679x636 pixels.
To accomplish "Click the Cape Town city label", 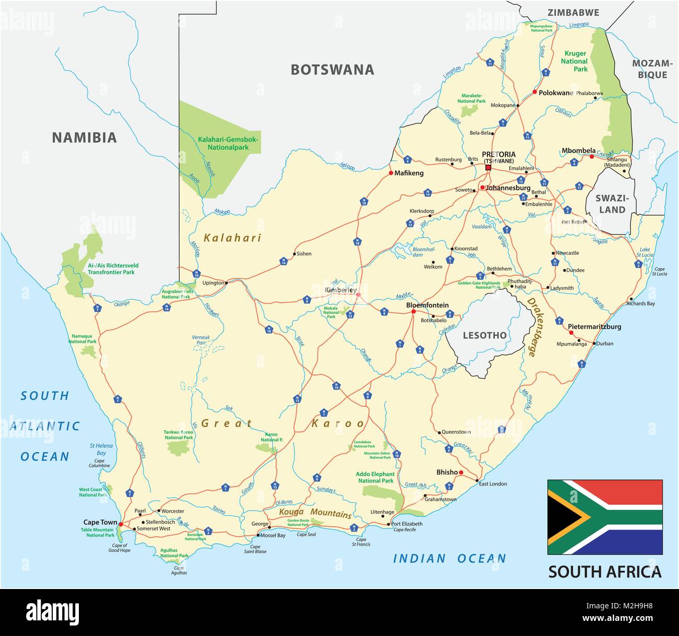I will (100, 522).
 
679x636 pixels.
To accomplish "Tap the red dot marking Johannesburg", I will (482, 187).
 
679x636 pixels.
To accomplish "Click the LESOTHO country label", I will (485, 335).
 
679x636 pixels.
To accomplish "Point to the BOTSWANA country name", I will (332, 69).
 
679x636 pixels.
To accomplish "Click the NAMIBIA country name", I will (84, 138).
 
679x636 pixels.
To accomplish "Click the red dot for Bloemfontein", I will (413, 312).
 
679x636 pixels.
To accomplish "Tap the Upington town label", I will (213, 282).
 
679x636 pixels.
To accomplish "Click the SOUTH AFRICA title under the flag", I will (604, 571).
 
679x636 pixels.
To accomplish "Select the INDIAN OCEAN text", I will (449, 559).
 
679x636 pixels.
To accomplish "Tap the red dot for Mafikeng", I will (391, 173).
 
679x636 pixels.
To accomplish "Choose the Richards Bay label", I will (640, 303).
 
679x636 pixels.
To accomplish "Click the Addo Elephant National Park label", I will (376, 477).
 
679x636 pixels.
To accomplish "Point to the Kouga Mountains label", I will (315, 513).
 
